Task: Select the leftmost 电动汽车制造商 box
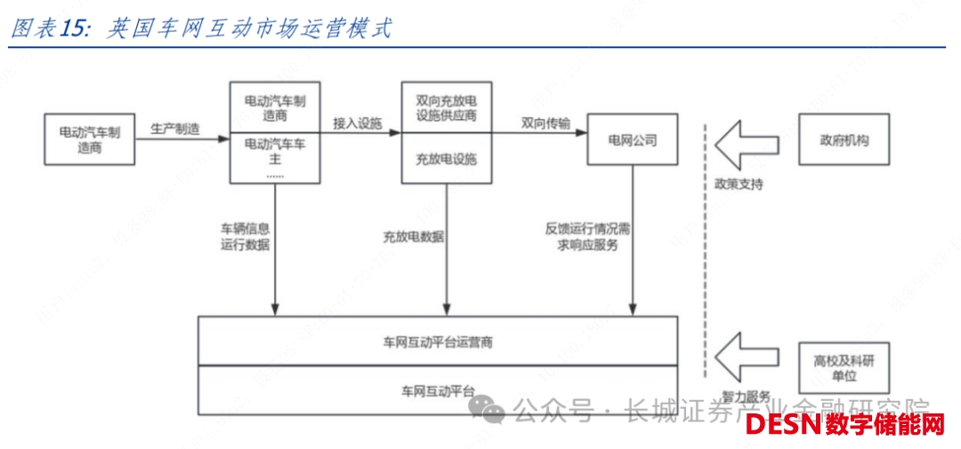point(89,140)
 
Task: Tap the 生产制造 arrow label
point(174,130)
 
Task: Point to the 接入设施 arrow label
point(358,124)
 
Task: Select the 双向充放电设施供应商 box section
point(446,108)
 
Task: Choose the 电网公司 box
point(632,140)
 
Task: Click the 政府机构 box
point(844,140)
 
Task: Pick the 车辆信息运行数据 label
point(245,236)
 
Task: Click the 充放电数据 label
point(414,237)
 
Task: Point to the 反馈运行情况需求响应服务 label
point(588,236)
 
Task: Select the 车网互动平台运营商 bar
point(437,342)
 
